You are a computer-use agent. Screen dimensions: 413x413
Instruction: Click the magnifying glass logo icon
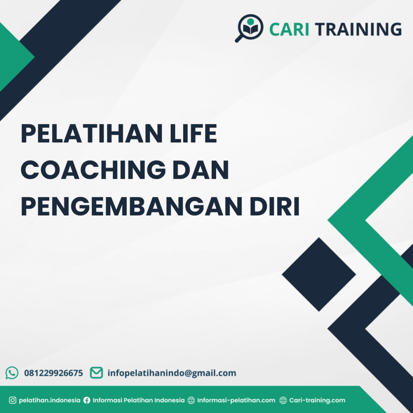pos(249,28)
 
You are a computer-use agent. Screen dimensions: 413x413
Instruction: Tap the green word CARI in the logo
pos(289,29)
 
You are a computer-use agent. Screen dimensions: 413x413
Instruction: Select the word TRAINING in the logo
pos(358,29)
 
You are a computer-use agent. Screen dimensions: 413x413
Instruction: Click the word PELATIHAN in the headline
pos(92,133)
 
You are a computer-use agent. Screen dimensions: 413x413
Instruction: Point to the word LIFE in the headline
pos(193,133)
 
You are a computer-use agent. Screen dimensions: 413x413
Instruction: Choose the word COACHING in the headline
pos(93,170)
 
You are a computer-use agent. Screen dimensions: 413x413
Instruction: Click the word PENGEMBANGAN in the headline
pos(131,206)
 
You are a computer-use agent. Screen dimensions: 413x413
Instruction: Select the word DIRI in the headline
pos(274,206)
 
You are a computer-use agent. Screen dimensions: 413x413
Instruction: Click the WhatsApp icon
pos(12,373)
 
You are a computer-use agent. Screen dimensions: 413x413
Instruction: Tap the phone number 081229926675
pos(54,373)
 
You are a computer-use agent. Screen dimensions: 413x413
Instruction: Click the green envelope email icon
pos(96,373)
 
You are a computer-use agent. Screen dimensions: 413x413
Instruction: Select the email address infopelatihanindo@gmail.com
pos(172,373)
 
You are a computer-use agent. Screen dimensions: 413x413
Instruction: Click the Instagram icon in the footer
pos(13,400)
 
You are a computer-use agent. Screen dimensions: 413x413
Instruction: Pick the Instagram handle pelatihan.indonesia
pos(50,400)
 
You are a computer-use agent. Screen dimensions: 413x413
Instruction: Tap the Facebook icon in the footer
pos(87,400)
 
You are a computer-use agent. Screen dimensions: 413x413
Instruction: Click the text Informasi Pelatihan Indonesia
pos(139,400)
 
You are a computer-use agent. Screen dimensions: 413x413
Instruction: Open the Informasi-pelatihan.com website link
pos(236,400)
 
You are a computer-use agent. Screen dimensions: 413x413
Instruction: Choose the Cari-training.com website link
pos(317,400)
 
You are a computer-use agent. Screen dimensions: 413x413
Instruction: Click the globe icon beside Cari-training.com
pos(283,400)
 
